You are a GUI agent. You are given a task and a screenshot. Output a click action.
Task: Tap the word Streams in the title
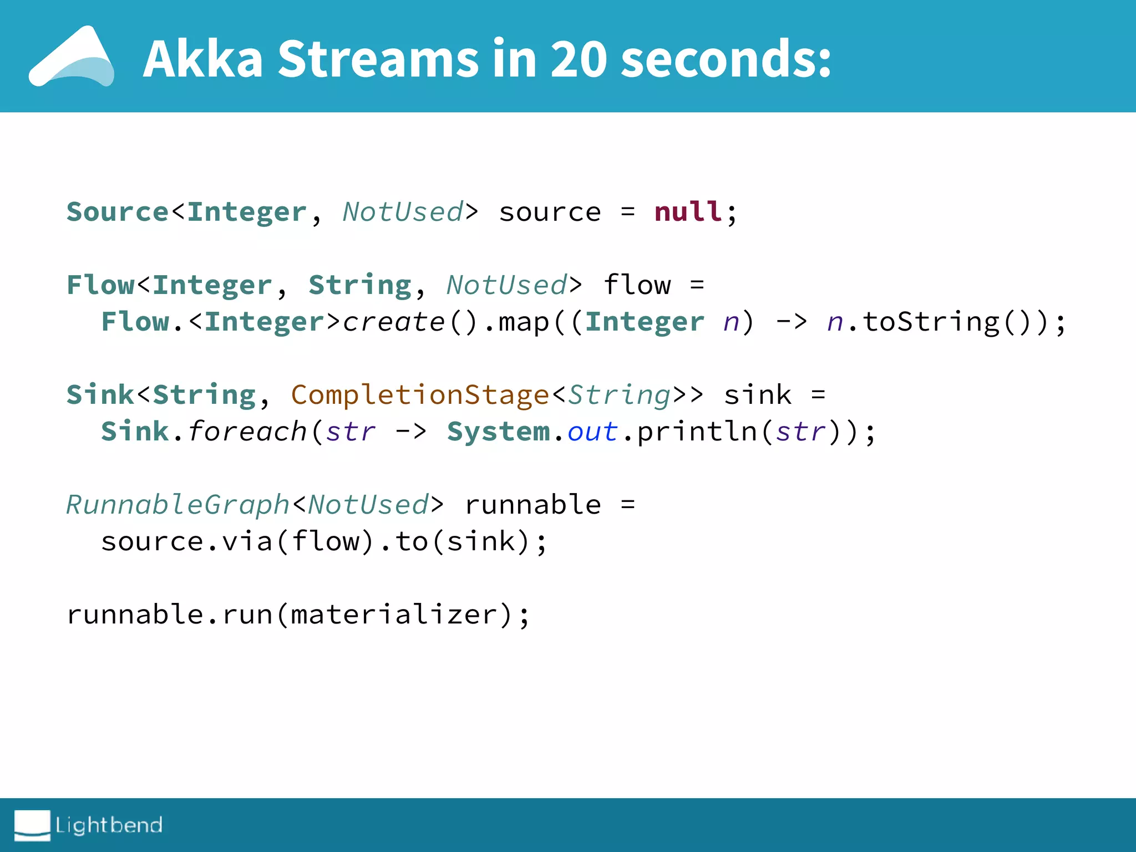pyautogui.click(x=378, y=59)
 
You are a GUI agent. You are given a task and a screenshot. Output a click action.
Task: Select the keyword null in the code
pyautogui.click(x=688, y=212)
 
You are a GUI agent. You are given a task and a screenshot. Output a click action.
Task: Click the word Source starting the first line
pyautogui.click(x=117, y=212)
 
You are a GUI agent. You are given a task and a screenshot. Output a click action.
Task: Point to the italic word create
pyautogui.click(x=394, y=322)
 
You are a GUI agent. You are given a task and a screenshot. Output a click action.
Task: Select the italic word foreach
pyautogui.click(x=247, y=432)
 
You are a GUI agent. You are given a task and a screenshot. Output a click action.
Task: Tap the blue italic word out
pyautogui.click(x=592, y=432)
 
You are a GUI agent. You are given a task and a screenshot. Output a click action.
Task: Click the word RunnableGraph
pyautogui.click(x=178, y=505)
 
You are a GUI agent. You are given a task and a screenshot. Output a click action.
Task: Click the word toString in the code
pyautogui.click(x=931, y=322)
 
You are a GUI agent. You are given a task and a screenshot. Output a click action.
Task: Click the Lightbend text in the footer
pyautogui.click(x=109, y=825)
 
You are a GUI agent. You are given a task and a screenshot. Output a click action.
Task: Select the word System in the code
pyautogui.click(x=498, y=432)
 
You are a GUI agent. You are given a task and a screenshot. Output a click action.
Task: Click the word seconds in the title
pyautogui.click(x=726, y=59)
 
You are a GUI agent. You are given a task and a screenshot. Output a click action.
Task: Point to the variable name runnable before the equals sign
pyautogui.click(x=532, y=505)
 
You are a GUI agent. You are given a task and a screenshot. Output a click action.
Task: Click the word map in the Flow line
pyautogui.click(x=524, y=322)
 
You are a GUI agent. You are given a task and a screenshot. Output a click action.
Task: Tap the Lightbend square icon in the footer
pyautogui.click(x=32, y=825)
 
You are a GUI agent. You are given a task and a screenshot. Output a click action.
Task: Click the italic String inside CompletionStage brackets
pyautogui.click(x=620, y=395)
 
